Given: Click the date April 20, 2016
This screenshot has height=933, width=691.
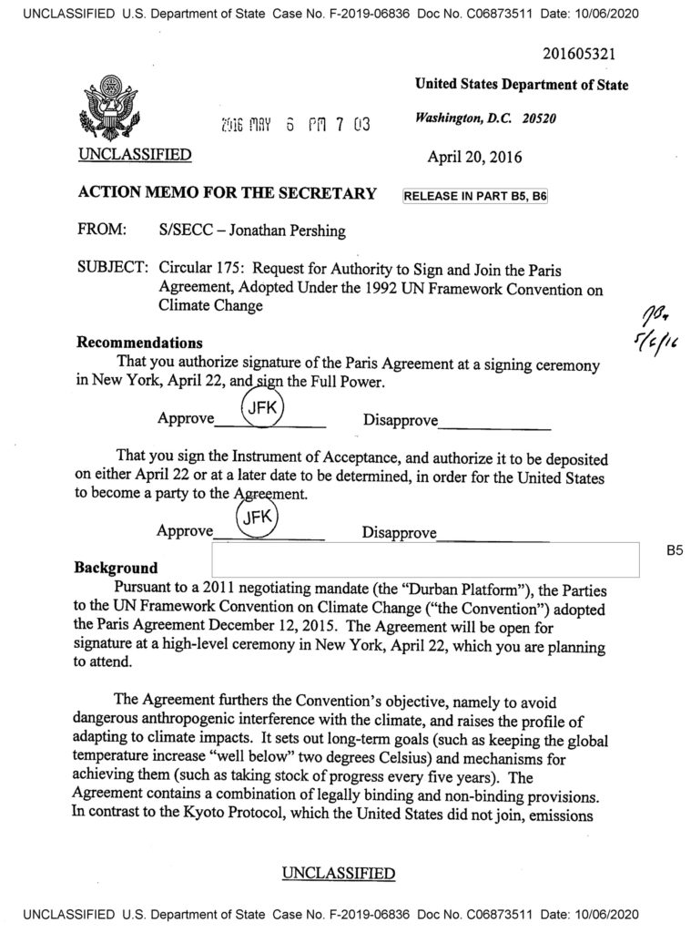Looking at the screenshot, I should click(474, 156).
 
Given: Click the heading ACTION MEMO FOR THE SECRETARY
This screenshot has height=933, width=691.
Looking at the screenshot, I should click(227, 193).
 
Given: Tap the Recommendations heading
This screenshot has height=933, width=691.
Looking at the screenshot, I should click(139, 343).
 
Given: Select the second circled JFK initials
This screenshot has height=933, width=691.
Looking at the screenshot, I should click(258, 519).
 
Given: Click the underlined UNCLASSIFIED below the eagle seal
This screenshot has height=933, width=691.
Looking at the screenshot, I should click(134, 155).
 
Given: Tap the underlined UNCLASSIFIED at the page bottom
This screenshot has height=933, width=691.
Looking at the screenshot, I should click(339, 873).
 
